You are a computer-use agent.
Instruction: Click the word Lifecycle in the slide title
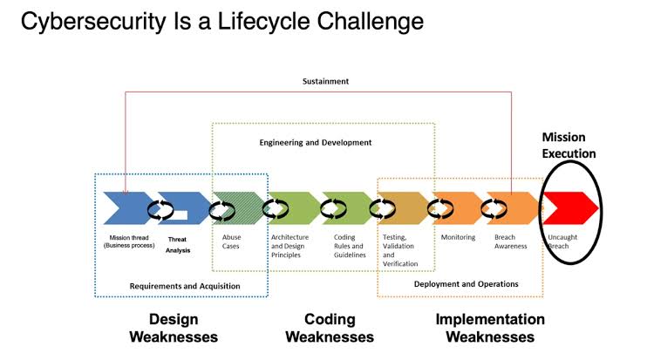coord(263,22)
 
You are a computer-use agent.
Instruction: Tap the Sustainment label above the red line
coord(325,81)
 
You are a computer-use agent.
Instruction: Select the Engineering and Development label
coord(316,143)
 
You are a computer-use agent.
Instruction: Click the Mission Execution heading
coord(569,146)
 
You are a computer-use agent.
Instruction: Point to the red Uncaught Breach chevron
coord(570,208)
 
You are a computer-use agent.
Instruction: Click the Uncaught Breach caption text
coord(562,241)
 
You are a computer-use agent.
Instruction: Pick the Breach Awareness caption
coord(511,241)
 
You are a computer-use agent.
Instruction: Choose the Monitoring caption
coord(458,237)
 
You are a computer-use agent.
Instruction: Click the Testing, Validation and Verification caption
coord(400,250)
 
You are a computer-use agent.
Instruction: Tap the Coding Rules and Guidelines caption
coord(350,246)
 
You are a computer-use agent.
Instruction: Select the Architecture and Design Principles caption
coord(289,246)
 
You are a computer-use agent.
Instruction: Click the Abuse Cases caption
coord(231,241)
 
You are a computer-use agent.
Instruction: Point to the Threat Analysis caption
coord(177,245)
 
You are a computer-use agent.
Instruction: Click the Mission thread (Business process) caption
coord(129,241)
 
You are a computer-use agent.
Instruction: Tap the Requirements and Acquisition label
coord(185,286)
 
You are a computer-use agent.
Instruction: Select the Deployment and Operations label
coord(466,284)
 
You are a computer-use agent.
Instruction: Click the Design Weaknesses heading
coord(174,329)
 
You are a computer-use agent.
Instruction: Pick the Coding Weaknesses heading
coord(330,329)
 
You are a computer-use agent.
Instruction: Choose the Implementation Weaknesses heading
coord(490,329)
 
